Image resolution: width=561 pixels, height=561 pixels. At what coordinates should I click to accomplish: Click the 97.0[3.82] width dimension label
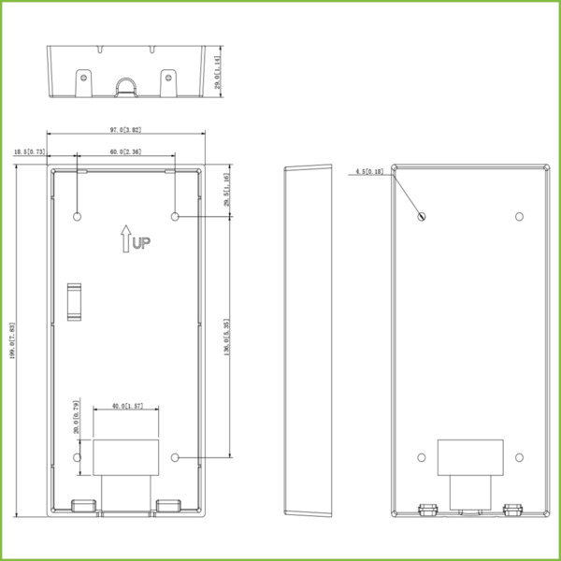tap(124, 131)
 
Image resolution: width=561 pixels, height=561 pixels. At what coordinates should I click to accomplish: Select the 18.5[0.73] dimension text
tap(30, 151)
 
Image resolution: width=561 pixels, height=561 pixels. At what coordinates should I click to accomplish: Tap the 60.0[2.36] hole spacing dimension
tap(124, 151)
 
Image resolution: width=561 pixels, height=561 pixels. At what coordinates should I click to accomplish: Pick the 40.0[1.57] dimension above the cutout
tap(124, 408)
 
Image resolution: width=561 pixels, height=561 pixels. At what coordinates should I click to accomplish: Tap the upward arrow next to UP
tap(124, 238)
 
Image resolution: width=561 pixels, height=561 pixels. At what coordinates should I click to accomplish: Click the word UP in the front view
tap(141, 244)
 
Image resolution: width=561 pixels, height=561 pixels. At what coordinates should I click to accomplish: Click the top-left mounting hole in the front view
tap(77, 216)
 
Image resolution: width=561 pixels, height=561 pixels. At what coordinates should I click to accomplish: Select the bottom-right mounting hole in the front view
tap(175, 457)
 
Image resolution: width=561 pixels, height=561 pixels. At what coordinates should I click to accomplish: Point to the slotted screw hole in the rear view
tap(421, 217)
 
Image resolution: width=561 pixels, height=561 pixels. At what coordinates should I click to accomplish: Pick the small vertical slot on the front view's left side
tap(73, 300)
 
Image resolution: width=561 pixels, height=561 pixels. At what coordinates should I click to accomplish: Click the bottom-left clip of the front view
tap(84, 506)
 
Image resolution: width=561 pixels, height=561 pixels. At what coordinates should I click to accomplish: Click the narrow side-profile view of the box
tap(309, 341)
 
